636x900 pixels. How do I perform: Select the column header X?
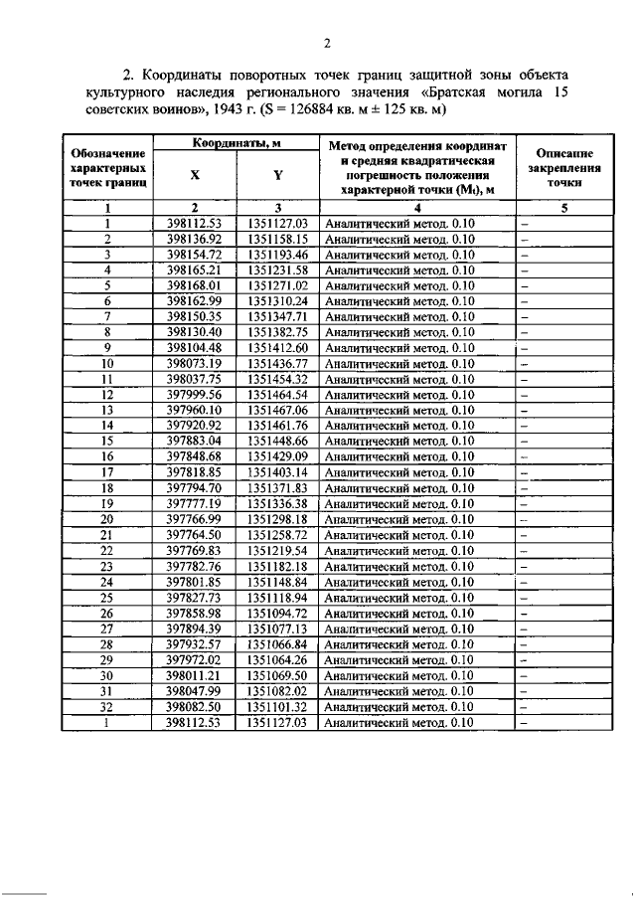click(x=194, y=175)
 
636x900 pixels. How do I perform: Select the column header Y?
click(x=276, y=175)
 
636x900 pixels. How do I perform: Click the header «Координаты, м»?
click(x=235, y=144)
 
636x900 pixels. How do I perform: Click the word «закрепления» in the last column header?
click(x=564, y=169)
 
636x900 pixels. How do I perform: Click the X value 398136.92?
click(x=194, y=239)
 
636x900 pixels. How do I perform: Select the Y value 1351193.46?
click(x=276, y=255)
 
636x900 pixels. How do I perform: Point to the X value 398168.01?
click(x=194, y=285)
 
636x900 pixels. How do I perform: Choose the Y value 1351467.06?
click(x=276, y=410)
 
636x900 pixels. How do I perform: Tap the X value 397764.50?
click(x=194, y=535)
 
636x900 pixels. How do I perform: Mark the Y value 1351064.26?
click(x=276, y=659)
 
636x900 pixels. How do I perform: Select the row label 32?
click(x=107, y=706)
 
